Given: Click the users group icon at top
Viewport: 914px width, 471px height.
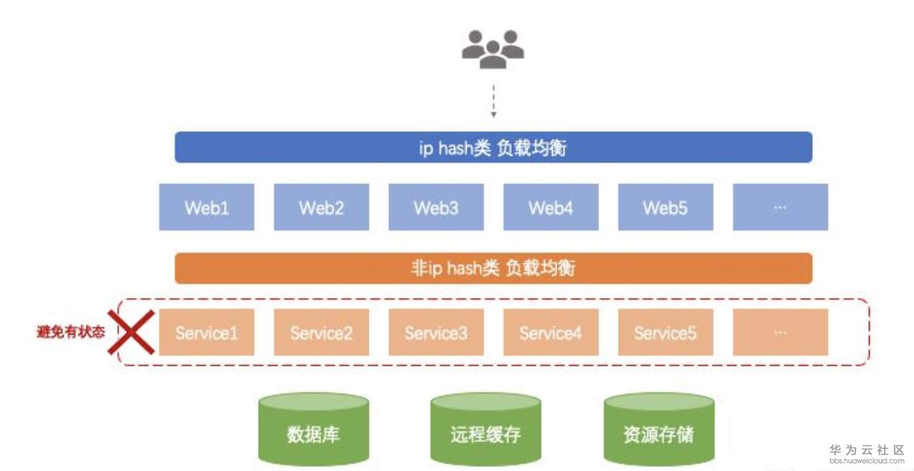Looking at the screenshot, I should (492, 48).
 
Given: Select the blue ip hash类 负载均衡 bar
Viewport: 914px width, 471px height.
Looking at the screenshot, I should (493, 148).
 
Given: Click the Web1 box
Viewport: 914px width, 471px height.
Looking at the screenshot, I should (207, 207).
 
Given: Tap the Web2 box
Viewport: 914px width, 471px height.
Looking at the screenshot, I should (321, 207).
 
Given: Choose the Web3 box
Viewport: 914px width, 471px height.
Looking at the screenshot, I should (436, 207).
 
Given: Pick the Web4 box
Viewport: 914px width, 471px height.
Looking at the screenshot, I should (551, 207).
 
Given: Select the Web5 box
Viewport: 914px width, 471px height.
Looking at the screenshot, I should (665, 207).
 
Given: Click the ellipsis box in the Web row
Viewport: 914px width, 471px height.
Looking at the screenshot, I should (780, 207).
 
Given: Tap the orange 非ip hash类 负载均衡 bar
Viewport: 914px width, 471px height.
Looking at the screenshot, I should (493, 268).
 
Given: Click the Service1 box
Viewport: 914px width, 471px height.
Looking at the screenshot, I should (207, 332).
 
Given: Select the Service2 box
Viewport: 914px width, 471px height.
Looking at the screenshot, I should (321, 332).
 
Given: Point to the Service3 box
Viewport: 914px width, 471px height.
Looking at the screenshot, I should (436, 332).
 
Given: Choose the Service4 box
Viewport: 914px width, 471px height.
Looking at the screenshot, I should (551, 332).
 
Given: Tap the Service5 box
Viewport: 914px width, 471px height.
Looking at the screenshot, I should (665, 332).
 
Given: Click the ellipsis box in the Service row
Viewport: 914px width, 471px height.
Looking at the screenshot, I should (780, 332).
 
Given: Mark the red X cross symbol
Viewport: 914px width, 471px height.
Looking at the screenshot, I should (131, 332).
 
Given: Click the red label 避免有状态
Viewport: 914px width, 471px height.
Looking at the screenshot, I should (71, 332).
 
